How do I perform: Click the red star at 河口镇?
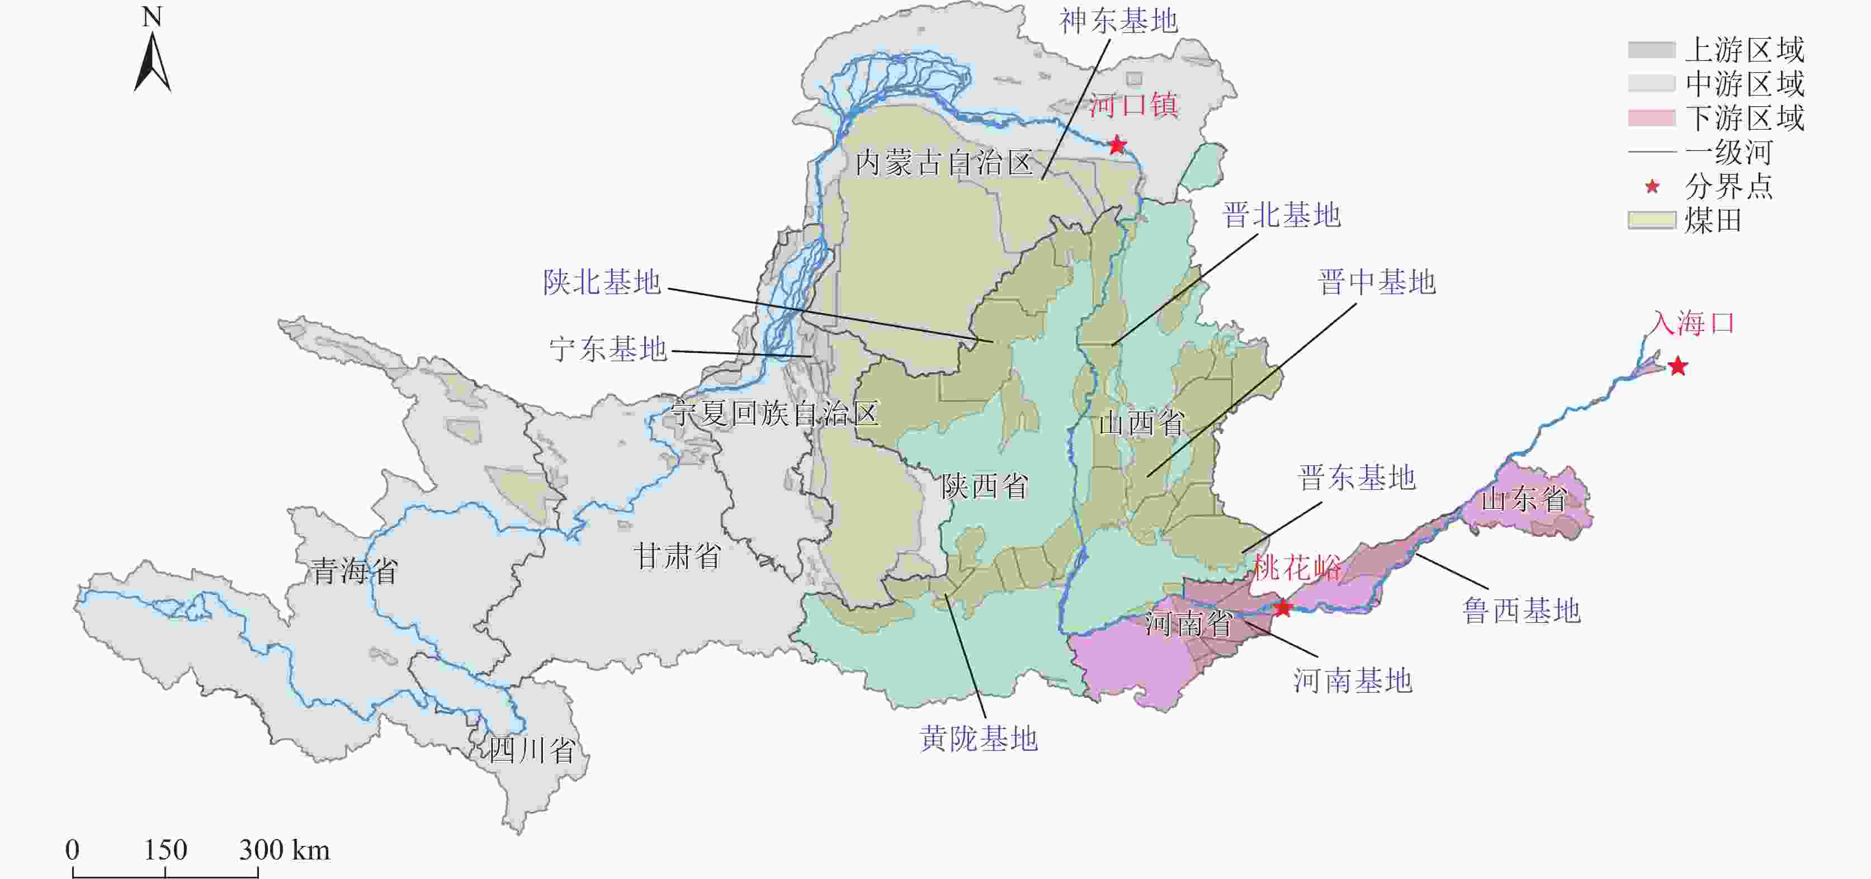coord(1117,145)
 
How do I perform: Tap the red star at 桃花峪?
coord(1283,607)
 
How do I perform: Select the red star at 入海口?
coord(1677,366)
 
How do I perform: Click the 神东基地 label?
coord(1118,21)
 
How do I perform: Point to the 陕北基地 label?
coord(602,282)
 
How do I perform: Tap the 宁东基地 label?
coord(608,349)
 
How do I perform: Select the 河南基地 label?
coord(1353,680)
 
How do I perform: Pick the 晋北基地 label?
coord(1281,215)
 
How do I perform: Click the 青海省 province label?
coord(355,571)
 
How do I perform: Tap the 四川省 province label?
coord(532,750)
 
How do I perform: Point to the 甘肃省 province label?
coord(677,556)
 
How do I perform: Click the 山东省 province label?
coord(1523,499)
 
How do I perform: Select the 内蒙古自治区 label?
coord(943,163)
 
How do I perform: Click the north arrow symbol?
coord(153,62)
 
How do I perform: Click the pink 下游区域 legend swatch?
coord(1651,117)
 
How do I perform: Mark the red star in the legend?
coord(1652,187)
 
